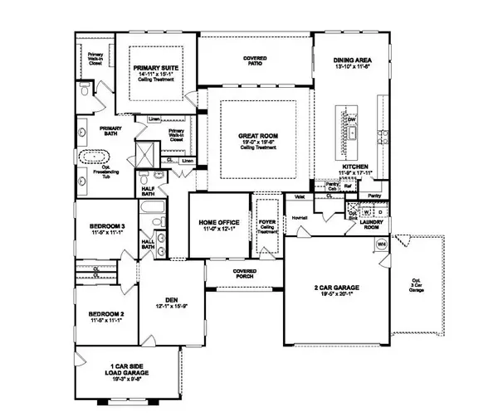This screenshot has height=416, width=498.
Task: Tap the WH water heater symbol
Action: [x=382, y=244]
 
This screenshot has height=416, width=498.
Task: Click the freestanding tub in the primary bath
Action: [x=93, y=157]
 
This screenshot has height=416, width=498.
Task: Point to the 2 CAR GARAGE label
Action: [x=335, y=288]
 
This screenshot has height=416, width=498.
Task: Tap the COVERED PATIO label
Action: [x=255, y=62]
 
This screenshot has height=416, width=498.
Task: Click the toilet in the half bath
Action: [x=145, y=177]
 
